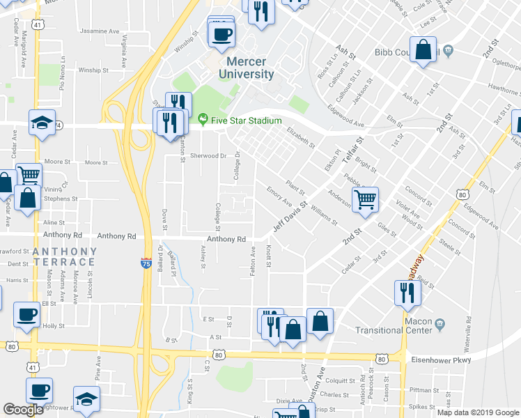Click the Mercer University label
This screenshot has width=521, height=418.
(x=246, y=68)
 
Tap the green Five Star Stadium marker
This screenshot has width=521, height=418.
(x=203, y=120)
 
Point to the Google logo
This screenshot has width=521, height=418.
(x=23, y=410)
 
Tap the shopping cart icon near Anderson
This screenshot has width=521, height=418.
(x=365, y=201)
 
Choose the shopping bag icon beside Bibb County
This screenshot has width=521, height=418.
(x=423, y=50)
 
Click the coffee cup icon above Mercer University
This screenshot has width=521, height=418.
(x=221, y=35)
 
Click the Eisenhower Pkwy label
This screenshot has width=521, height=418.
(x=442, y=360)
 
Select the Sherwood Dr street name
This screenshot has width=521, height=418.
(x=209, y=156)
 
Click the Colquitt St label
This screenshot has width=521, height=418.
(x=343, y=380)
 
